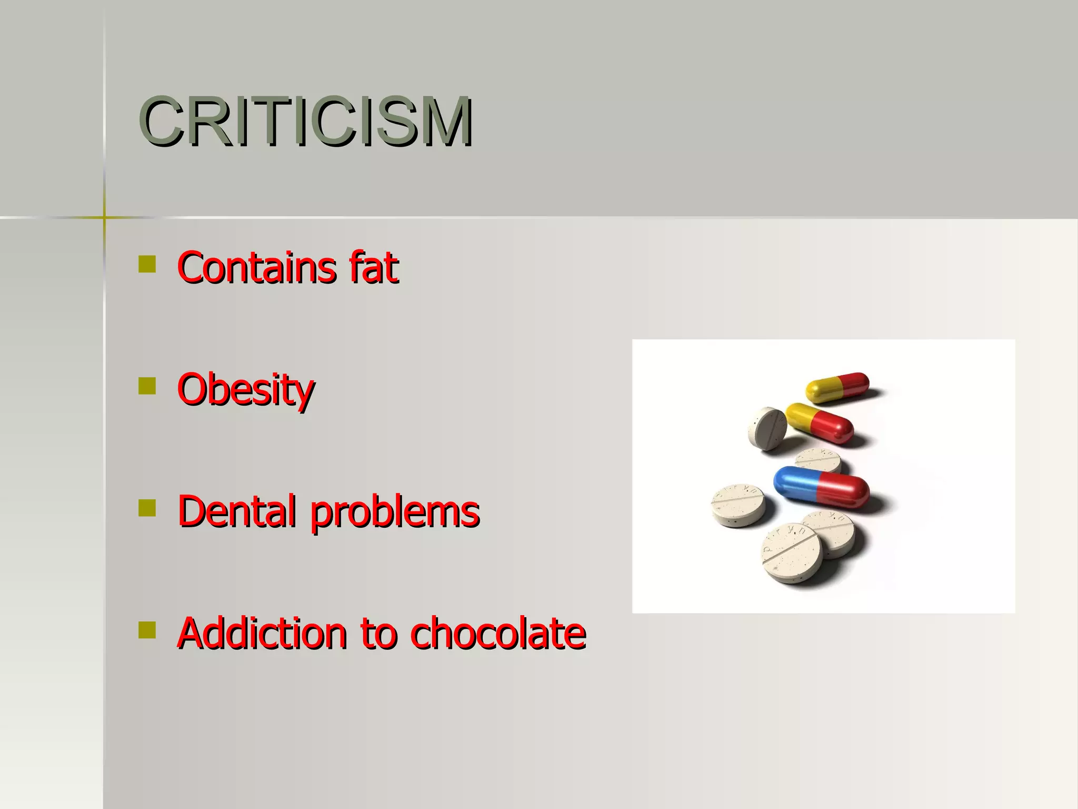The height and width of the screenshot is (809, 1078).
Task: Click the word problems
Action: [x=395, y=513]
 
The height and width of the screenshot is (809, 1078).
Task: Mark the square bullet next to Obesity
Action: [x=147, y=386]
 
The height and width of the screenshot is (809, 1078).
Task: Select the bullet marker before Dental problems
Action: [x=147, y=508]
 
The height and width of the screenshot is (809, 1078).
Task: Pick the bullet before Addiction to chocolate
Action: [x=147, y=629]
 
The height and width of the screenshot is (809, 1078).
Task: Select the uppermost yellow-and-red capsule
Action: [x=837, y=388]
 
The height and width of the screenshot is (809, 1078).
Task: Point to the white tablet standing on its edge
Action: [x=767, y=428]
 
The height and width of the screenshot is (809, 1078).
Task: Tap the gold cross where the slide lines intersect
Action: [x=104, y=217]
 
